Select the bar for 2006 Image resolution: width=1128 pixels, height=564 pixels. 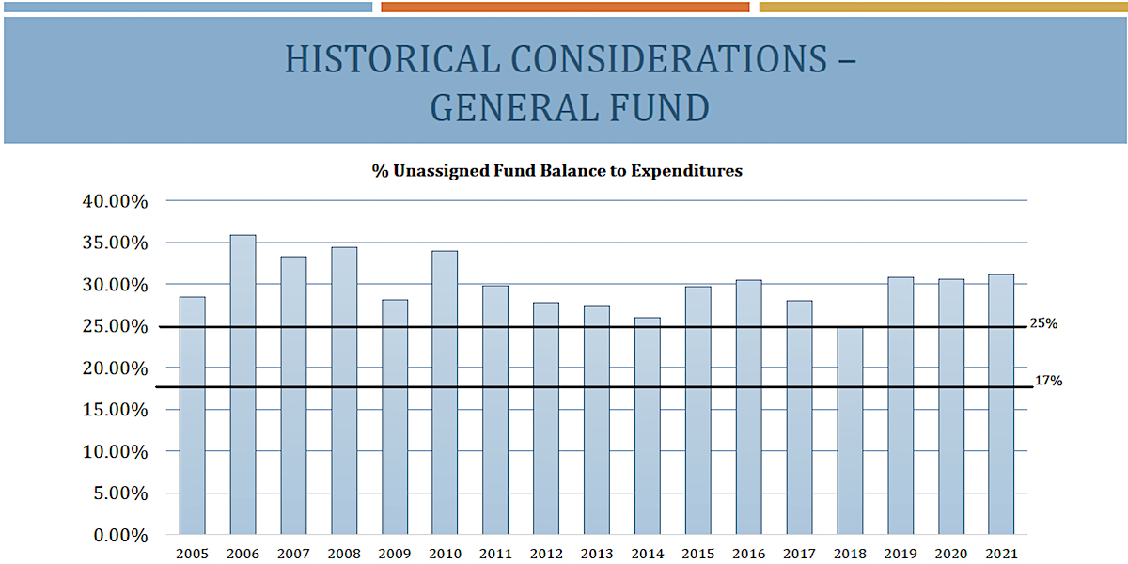coord(243,384)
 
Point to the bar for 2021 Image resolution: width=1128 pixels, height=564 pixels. coord(1001,404)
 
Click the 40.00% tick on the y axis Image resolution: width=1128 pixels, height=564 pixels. coord(114,201)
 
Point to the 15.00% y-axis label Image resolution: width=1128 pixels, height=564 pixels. coord(114,410)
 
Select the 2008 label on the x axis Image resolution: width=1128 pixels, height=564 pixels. coord(344,554)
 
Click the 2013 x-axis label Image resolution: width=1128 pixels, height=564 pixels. coord(597,554)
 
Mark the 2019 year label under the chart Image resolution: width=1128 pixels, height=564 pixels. coord(901,554)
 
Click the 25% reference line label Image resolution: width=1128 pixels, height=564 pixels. coord(1044,323)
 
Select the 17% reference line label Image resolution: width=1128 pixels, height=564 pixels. coord(1049,382)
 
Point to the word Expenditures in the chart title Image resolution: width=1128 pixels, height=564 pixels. coord(687,171)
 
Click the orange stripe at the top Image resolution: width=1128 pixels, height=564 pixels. coord(565,7)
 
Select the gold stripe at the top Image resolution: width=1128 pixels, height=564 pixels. coord(941,7)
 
